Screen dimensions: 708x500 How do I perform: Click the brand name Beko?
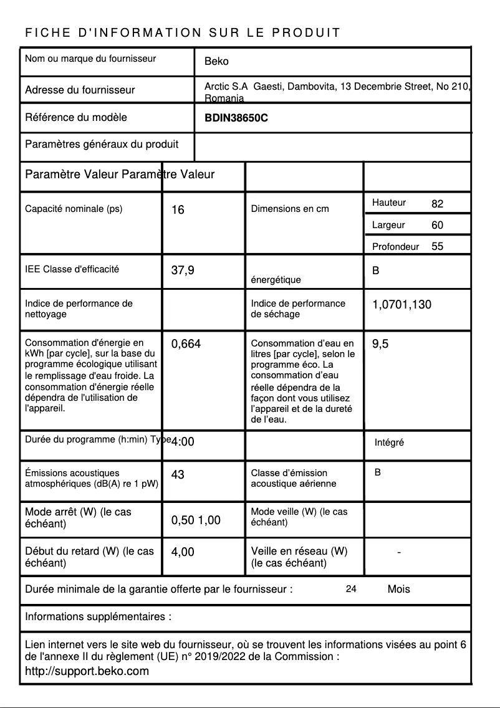tap(216, 61)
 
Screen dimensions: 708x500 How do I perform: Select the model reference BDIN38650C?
tap(236, 118)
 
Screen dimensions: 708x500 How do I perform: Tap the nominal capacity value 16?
tap(178, 210)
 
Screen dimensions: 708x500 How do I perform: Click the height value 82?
tap(437, 204)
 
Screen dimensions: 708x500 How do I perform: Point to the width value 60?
tap(437, 225)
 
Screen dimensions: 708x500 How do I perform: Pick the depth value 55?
tap(437, 246)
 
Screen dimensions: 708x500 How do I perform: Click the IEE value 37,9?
tap(183, 270)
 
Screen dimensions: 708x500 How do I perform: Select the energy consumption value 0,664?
tap(186, 343)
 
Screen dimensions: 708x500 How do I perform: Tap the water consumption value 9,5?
tap(380, 343)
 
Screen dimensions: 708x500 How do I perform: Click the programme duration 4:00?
tap(183, 442)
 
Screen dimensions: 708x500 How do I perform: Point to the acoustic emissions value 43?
tap(178, 475)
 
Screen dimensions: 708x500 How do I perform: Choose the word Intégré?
tap(389, 442)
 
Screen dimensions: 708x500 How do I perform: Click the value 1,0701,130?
tap(401, 305)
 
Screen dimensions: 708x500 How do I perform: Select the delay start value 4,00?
tap(183, 552)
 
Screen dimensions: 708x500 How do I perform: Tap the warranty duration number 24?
tap(351, 589)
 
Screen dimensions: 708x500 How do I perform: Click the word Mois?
tap(398, 589)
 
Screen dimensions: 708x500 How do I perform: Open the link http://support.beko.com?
tap(87, 671)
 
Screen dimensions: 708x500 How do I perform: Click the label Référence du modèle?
tap(75, 117)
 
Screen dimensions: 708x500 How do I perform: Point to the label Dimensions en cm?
tap(289, 209)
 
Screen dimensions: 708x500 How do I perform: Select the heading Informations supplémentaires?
tap(98, 617)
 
